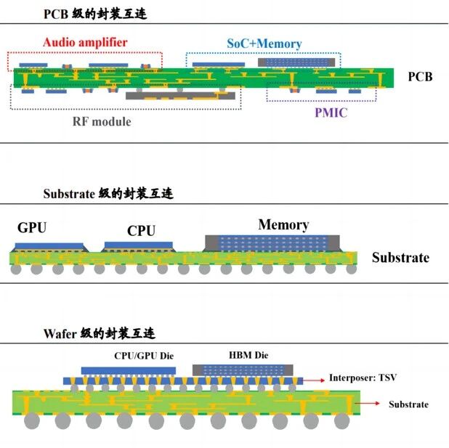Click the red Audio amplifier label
pos(85,42)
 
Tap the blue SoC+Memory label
pos(264,44)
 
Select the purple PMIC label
pos(331,113)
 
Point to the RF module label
pos(102,121)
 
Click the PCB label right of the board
pos(420,76)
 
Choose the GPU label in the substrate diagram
pos(32,227)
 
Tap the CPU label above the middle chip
pos(141,230)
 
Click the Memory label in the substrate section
pos(283,224)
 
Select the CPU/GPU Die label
pos(144,356)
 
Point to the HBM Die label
pos(248,355)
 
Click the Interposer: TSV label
pos(363,378)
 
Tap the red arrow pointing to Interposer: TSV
pos(314,380)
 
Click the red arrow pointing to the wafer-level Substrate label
pos(368,403)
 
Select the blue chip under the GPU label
pos(49,246)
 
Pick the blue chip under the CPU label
pos(139,245)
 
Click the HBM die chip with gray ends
pos(243,370)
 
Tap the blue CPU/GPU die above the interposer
pos(129,371)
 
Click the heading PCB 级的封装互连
pos(95,14)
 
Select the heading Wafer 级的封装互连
pos(100,333)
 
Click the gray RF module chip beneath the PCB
pos(180,96)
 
